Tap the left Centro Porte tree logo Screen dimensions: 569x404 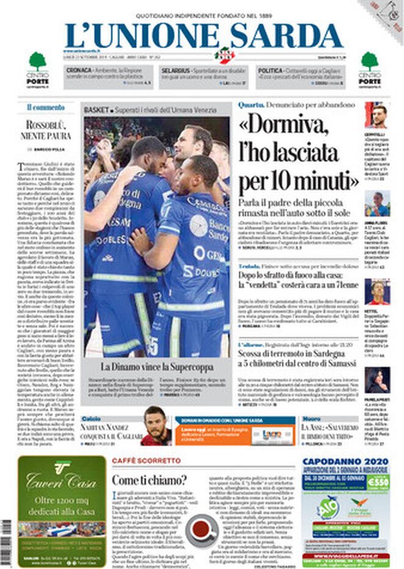pyautogui.click(x=37, y=61)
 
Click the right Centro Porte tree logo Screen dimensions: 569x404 pyautogui.click(x=370, y=61)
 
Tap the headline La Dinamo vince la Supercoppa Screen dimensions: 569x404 pyautogui.click(x=157, y=367)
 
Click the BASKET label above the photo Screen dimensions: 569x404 pyautogui.click(x=96, y=109)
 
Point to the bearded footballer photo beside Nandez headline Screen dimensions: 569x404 pyautogui.click(x=156, y=426)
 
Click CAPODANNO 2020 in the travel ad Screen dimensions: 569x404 pyautogui.click(x=345, y=462)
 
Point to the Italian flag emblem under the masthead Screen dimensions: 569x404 pyautogui.click(x=226, y=56)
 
